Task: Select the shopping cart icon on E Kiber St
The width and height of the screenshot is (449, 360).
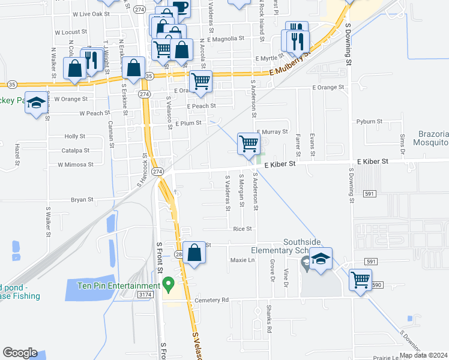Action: coord(249,144)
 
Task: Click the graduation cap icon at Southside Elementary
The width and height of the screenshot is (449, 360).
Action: coord(321,259)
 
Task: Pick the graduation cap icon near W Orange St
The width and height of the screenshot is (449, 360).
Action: coord(36,103)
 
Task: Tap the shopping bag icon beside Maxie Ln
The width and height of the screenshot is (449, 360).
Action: coord(194,253)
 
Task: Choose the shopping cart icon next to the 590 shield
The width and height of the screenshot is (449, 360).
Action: coord(360,280)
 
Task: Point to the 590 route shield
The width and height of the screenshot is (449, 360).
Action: coord(376,284)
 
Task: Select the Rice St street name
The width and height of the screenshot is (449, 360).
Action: coord(242,229)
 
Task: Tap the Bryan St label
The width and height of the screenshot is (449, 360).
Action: coord(82,199)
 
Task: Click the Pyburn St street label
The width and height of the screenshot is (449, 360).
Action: coord(369,121)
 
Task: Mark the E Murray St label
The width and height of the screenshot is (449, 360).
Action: coord(273,131)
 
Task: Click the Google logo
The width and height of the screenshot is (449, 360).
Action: coord(20,353)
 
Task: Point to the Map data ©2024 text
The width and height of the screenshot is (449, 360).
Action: coord(424,355)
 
